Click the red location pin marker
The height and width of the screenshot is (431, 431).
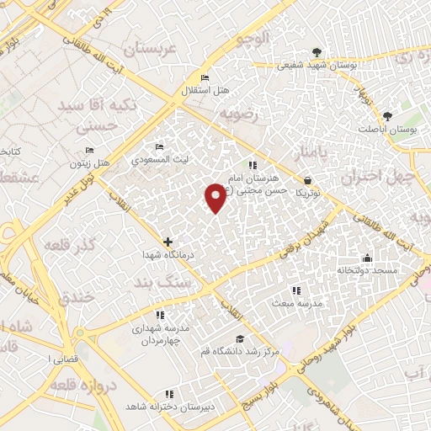click(x=215, y=196)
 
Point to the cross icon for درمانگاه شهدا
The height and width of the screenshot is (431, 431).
click(x=168, y=242)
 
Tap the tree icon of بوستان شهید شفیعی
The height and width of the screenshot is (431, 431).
click(x=317, y=52)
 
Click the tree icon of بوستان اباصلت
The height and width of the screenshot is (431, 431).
click(x=387, y=116)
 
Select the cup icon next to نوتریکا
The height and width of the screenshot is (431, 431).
click(x=307, y=180)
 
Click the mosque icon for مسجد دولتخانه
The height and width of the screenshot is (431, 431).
click(x=367, y=258)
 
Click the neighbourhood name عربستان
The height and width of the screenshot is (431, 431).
click(x=152, y=48)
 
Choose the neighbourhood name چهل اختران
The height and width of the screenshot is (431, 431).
click(x=379, y=177)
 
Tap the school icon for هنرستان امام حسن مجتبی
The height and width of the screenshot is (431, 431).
click(x=253, y=164)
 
